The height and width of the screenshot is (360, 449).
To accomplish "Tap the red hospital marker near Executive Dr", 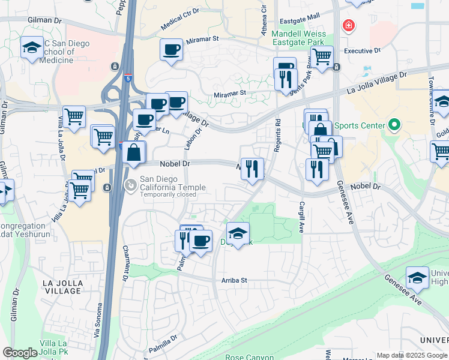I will click(x=347, y=26).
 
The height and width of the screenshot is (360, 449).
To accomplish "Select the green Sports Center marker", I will click(x=394, y=125).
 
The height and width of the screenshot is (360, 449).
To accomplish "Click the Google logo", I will click(x=20, y=353).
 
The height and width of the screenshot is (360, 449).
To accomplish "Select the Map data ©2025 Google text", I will click(x=412, y=355).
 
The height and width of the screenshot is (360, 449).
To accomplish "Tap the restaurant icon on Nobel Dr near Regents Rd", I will click(x=252, y=168).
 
